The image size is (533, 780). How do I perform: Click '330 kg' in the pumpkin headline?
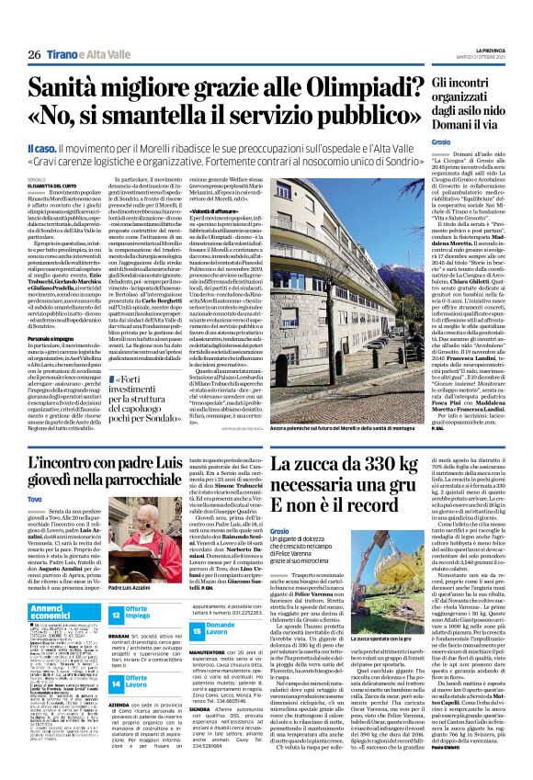tap(372, 460)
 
